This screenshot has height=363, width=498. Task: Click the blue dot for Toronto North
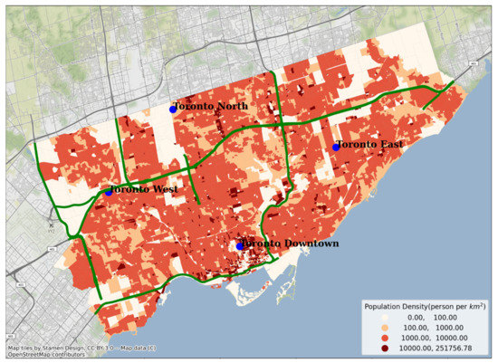click(x=173, y=110)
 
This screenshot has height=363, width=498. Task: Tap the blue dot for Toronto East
click(x=336, y=147)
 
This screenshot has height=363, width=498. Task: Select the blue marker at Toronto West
click(x=109, y=191)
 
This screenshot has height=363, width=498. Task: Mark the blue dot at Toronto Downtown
click(x=240, y=245)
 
